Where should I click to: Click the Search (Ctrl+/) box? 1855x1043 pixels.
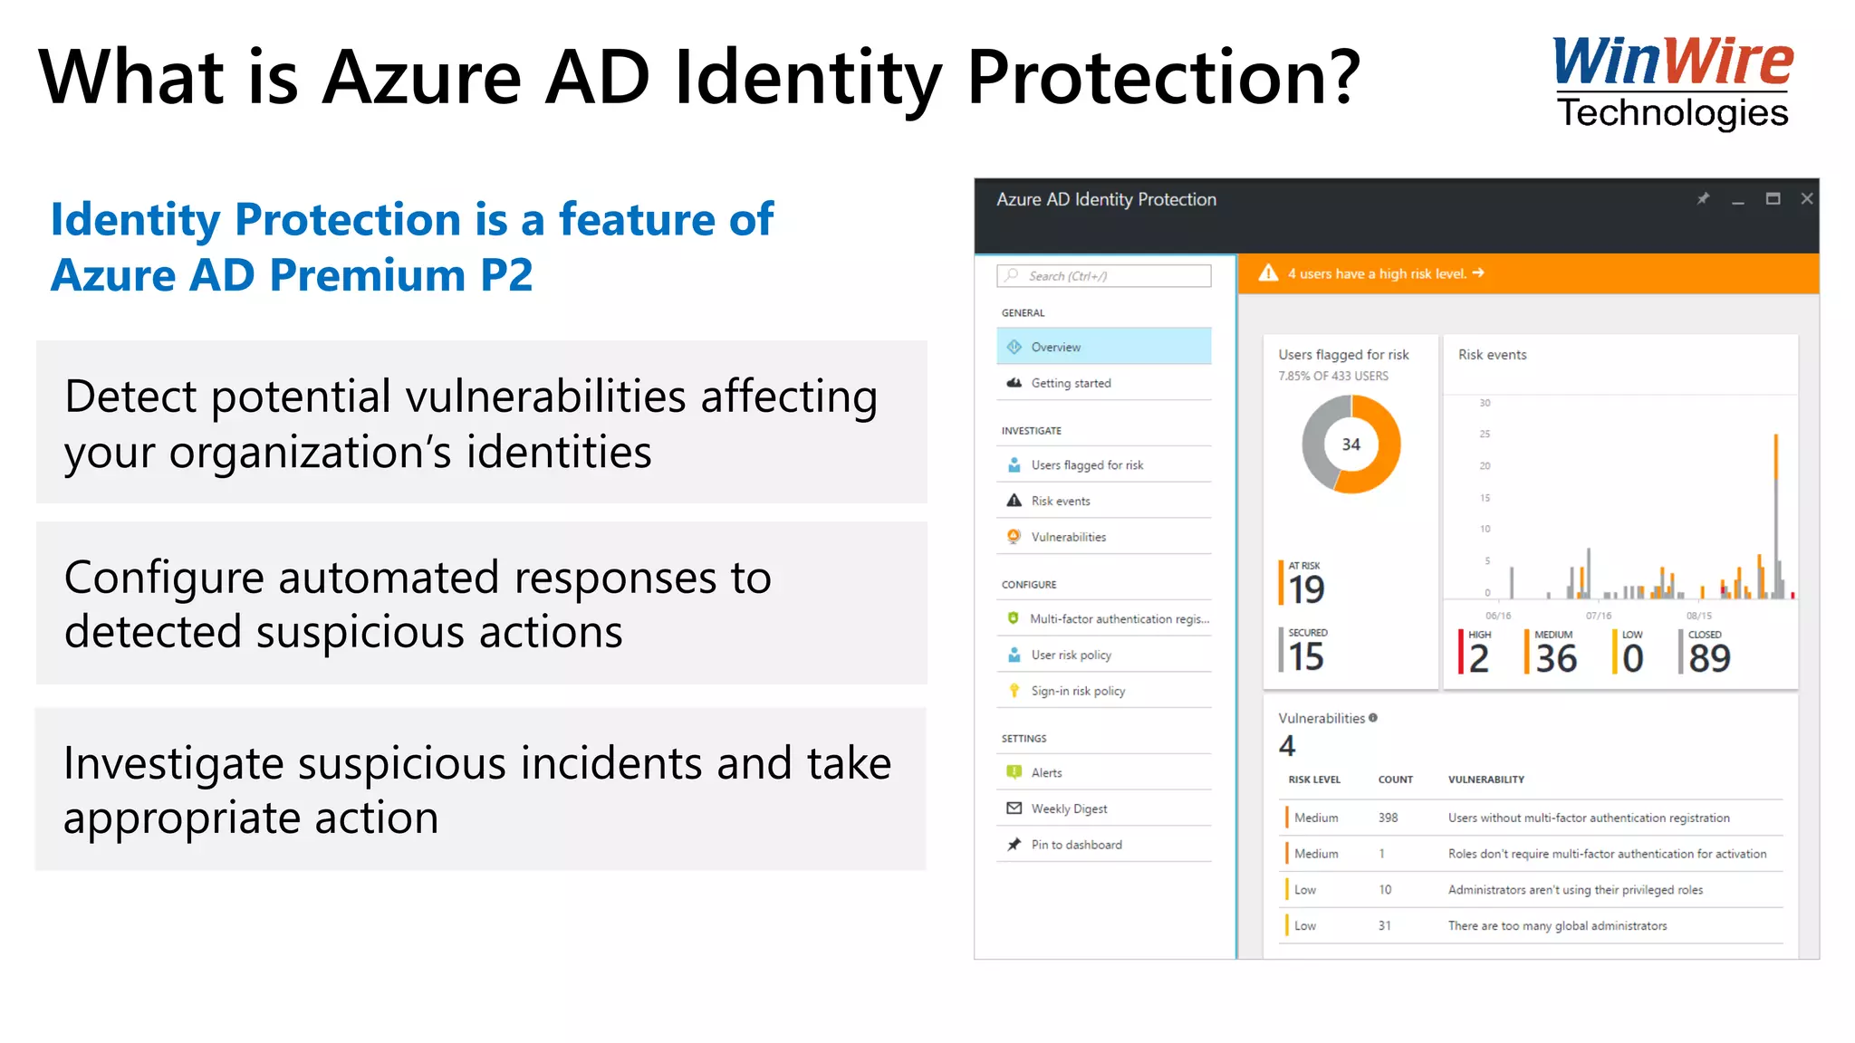point(1103,276)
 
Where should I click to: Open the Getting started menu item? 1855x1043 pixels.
point(1071,383)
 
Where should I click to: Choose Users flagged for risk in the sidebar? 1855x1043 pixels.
point(1086,465)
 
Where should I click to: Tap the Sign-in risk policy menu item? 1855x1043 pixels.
point(1077,691)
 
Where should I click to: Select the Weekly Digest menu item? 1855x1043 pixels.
point(1069,809)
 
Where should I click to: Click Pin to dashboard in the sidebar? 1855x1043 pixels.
point(1076,845)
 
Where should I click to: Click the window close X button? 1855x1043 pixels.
point(1806,199)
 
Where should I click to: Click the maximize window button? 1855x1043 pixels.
point(1773,199)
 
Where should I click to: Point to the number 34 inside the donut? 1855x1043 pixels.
point(1350,445)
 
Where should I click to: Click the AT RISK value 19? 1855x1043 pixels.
point(1306,589)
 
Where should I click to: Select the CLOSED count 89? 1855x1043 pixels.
point(1709,658)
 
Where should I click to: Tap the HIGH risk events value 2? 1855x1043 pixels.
point(1478,658)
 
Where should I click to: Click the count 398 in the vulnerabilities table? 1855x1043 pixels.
point(1388,818)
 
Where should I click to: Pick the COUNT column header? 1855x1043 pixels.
point(1395,780)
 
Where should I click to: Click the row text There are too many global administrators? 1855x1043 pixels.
point(1557,925)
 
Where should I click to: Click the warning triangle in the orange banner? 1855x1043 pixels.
point(1268,273)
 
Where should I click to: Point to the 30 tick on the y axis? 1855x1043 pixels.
point(1485,403)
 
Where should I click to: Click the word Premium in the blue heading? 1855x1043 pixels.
point(368,275)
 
